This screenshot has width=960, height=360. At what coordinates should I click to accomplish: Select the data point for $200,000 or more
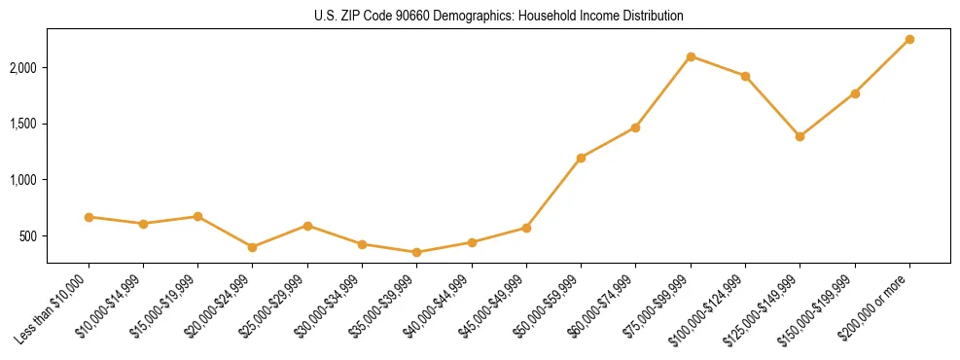click(909, 39)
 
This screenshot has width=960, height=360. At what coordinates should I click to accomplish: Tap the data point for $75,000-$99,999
click(691, 56)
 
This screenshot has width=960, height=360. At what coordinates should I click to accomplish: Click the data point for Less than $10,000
click(89, 217)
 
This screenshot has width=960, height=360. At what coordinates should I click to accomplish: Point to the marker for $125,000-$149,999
click(800, 136)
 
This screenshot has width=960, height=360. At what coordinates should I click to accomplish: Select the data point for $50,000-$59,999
click(581, 158)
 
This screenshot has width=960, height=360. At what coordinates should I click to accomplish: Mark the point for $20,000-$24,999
click(253, 247)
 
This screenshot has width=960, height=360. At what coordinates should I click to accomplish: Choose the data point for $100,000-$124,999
click(745, 76)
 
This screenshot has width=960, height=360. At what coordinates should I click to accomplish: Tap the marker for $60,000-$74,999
click(635, 127)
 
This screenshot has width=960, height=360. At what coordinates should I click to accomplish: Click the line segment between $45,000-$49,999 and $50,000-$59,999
click(553, 193)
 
